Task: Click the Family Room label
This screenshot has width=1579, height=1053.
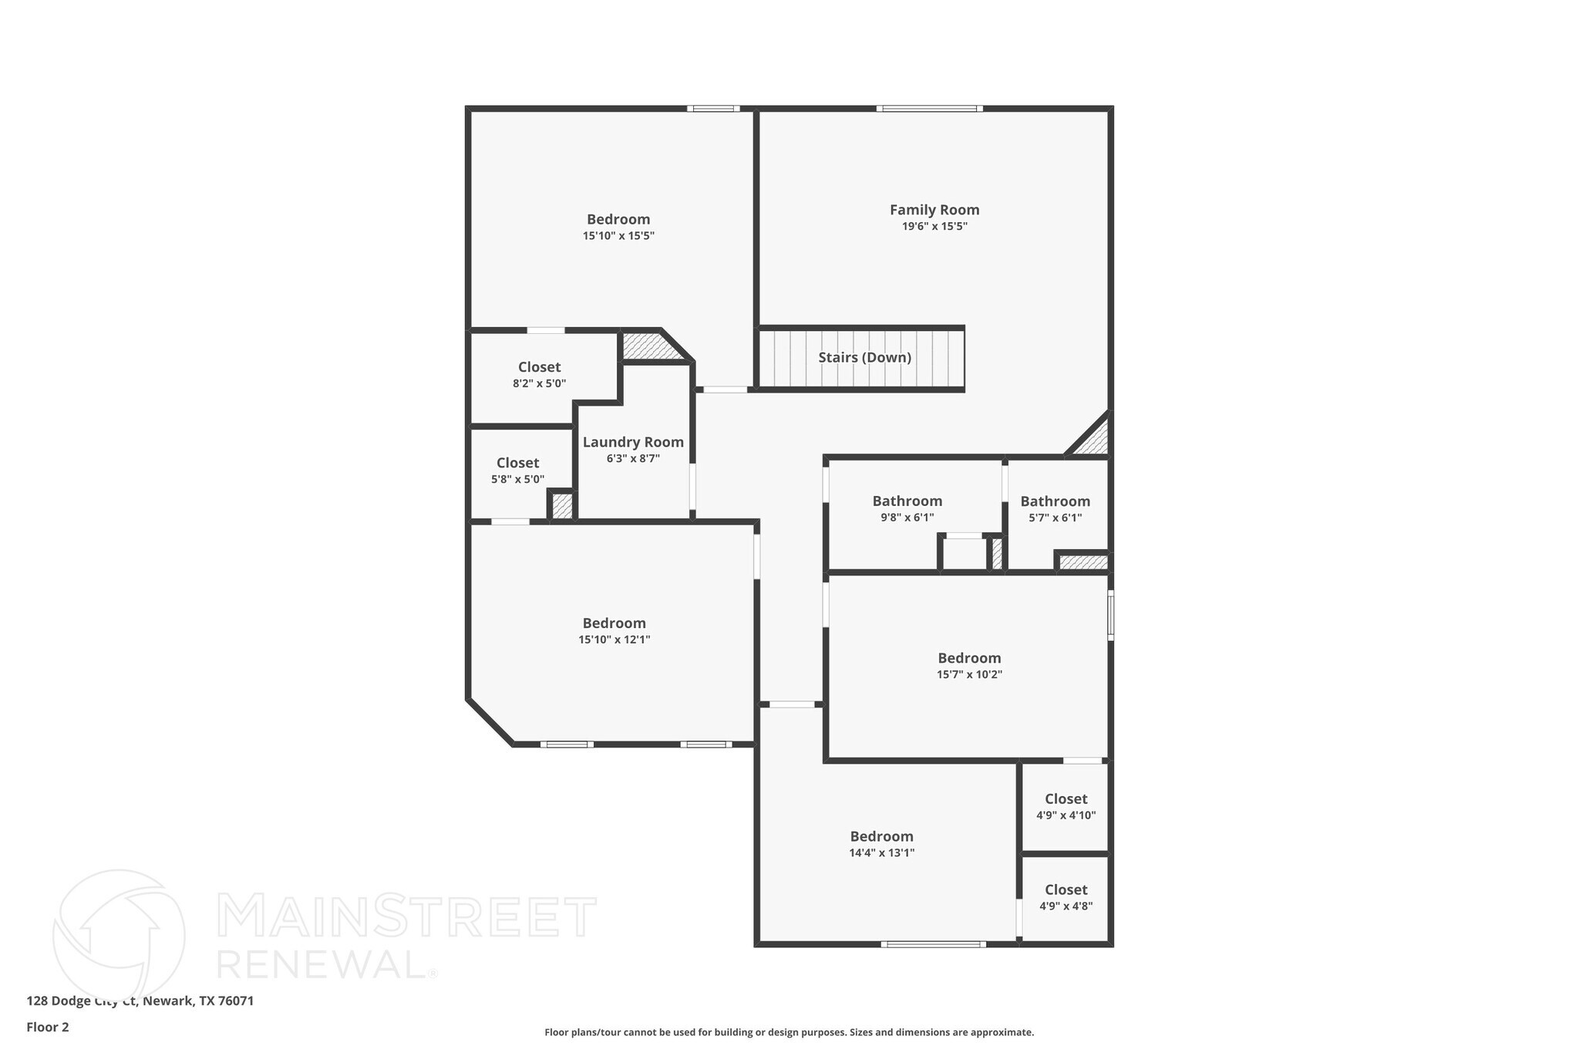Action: (934, 210)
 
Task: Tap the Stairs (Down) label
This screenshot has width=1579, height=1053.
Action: (864, 358)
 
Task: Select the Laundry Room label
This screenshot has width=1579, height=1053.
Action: (633, 442)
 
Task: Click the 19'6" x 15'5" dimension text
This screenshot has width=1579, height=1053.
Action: (934, 227)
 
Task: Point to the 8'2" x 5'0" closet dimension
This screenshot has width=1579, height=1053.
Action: (539, 383)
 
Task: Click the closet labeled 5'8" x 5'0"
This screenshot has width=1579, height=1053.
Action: (517, 470)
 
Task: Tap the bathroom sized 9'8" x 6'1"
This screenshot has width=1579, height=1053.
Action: (907, 508)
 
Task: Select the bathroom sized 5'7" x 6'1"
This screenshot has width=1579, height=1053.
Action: (1055, 508)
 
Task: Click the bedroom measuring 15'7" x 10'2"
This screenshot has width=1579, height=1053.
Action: (969, 665)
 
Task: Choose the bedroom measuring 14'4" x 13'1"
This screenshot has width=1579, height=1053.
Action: (881, 843)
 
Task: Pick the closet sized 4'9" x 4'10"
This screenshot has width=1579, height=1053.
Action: (1066, 806)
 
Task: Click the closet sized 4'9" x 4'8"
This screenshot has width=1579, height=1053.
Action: (1066, 897)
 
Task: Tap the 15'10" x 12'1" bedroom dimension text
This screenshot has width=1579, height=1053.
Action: (614, 640)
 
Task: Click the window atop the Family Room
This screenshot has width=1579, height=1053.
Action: (929, 109)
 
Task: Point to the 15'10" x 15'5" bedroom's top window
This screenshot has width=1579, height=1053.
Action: (713, 109)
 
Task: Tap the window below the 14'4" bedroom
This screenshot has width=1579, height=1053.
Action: (933, 944)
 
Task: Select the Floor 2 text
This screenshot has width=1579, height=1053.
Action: (48, 1027)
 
